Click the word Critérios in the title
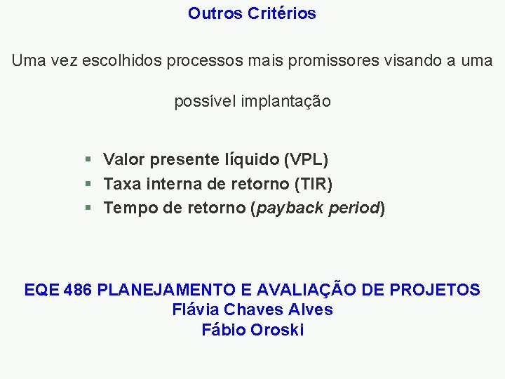coord(282,13)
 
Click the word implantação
coord(285,102)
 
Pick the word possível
coord(205,102)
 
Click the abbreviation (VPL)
coord(306,160)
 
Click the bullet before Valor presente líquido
coord(88,160)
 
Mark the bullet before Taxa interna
coord(88,184)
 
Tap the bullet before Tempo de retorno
coord(88,208)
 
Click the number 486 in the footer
coord(77,290)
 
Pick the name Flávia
coord(197,310)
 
